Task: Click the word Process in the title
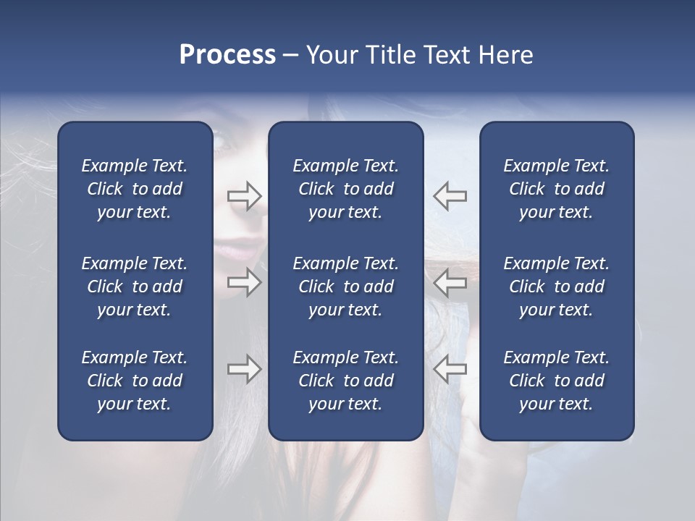pos(227,55)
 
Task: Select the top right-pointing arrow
pos(245,195)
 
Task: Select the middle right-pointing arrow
pos(245,281)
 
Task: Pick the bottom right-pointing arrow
pos(245,369)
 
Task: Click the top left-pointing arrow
pos(450,195)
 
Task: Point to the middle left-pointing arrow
pos(450,281)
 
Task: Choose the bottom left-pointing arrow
pos(450,369)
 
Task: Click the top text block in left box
pos(135,189)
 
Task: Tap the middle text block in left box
pos(135,287)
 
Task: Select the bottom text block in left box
pos(135,381)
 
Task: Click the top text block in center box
pos(346,189)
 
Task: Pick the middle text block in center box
pos(346,287)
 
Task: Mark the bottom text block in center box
pos(346,381)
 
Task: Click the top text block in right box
pos(557,189)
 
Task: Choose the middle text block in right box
pos(557,287)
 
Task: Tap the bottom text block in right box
pos(557,381)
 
